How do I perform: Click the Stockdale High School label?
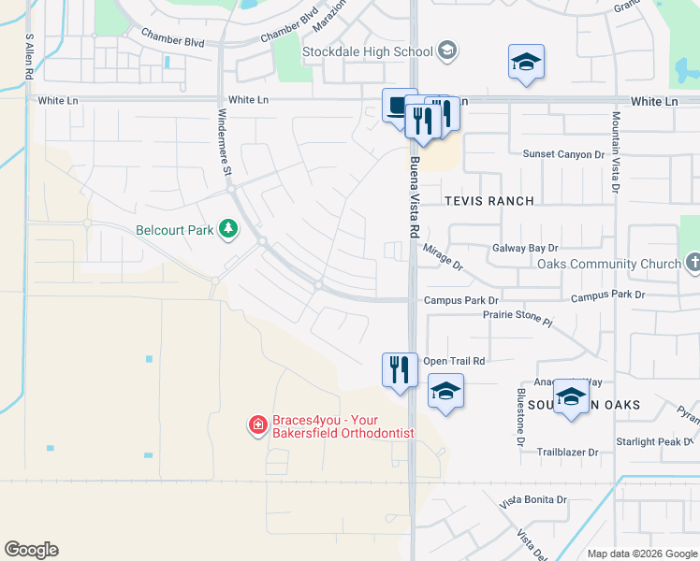click(x=367, y=51)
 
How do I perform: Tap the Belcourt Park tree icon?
click(x=226, y=229)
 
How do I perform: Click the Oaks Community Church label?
click(x=609, y=264)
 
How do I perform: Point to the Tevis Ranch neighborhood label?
click(x=489, y=201)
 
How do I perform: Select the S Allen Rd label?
click(x=30, y=56)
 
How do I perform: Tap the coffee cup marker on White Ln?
click(x=400, y=105)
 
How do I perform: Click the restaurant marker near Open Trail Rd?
click(x=400, y=369)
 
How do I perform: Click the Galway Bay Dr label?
click(x=525, y=248)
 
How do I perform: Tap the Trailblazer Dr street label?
click(x=567, y=452)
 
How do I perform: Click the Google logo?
click(x=31, y=550)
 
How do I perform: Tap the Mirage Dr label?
click(x=444, y=256)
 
